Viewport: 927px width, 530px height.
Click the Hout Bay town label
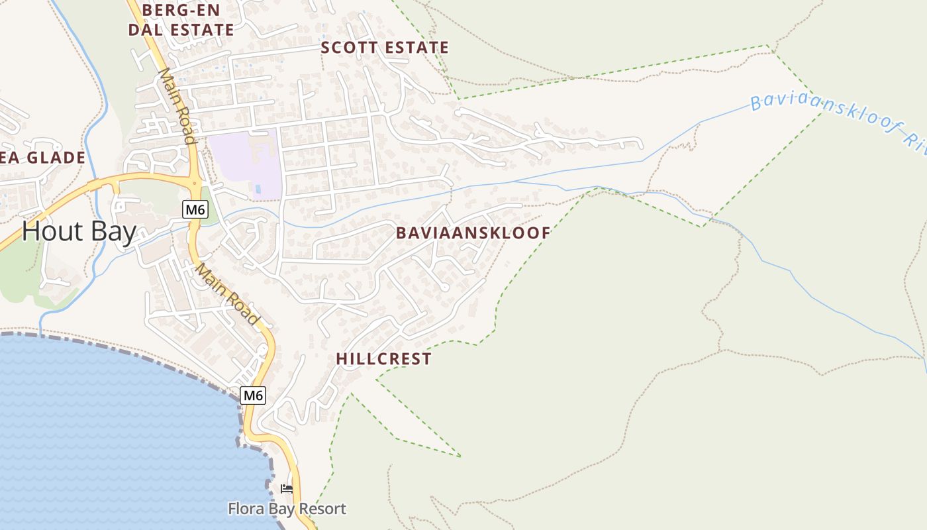(x=79, y=231)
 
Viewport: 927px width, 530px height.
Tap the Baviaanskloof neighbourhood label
(x=473, y=233)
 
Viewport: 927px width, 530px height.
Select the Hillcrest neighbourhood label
(x=383, y=359)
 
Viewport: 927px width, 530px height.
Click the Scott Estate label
(x=385, y=48)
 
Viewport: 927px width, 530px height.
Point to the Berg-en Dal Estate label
(x=181, y=20)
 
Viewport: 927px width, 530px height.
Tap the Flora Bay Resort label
(x=287, y=509)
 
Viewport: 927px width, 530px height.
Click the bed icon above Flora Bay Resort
(x=287, y=489)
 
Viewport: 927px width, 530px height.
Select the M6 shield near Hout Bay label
(x=195, y=210)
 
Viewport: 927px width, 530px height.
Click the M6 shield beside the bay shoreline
(x=253, y=396)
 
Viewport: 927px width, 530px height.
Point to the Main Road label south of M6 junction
(x=228, y=295)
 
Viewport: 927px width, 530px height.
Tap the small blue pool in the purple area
(x=258, y=189)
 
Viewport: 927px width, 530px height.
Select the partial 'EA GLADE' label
(x=43, y=158)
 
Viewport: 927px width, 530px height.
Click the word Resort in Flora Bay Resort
(x=320, y=509)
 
